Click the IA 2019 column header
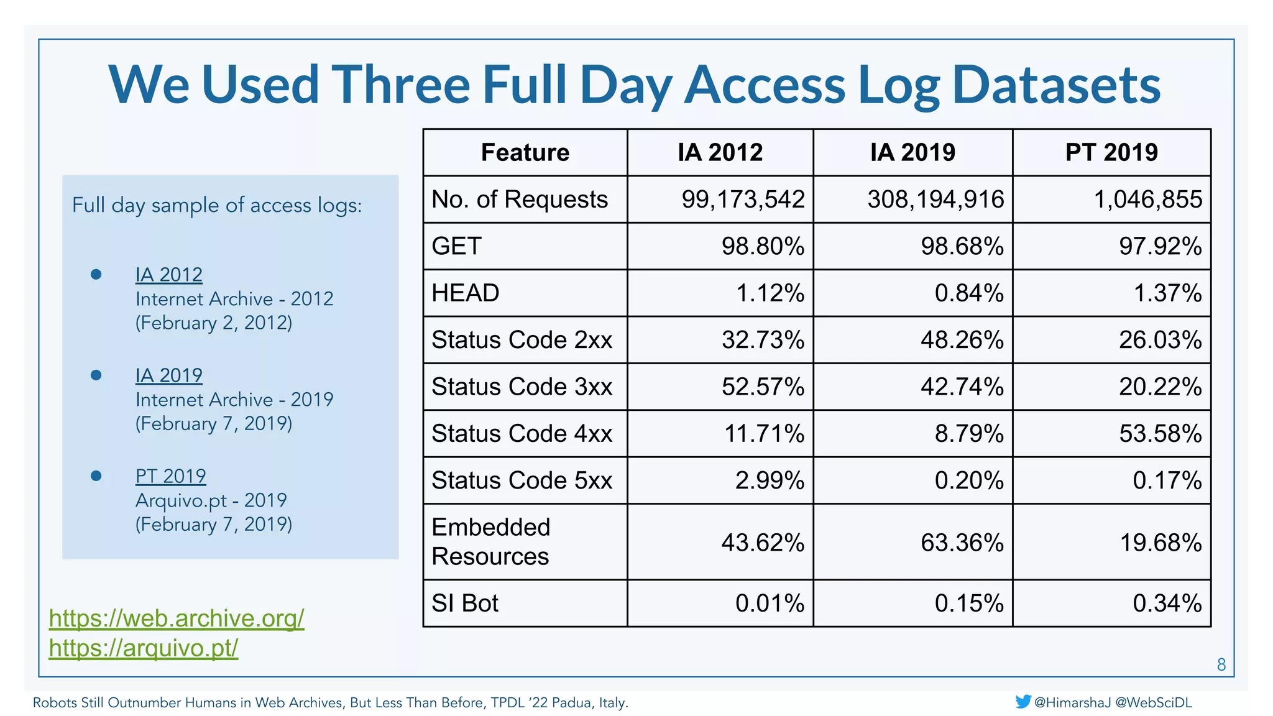pyautogui.click(x=912, y=152)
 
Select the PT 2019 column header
pyautogui.click(x=1111, y=152)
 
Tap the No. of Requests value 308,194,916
pyautogui.click(x=935, y=200)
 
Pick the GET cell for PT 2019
pyautogui.click(x=1160, y=246)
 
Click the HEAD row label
pyautogui.click(x=466, y=293)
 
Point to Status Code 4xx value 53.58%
pyautogui.click(x=1160, y=434)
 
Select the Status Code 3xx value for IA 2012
pyautogui.click(x=763, y=387)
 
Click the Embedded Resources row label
pyautogui.click(x=491, y=541)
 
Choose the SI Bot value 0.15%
pyautogui.click(x=968, y=604)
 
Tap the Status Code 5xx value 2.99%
pyautogui.click(x=770, y=480)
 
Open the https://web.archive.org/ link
pyautogui.click(x=177, y=618)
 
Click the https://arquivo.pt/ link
pyautogui.click(x=144, y=648)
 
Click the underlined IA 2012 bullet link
pyautogui.click(x=169, y=275)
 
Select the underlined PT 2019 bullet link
pyautogui.click(x=171, y=476)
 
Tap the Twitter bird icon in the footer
pyautogui.click(x=1023, y=702)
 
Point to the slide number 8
pyautogui.click(x=1221, y=664)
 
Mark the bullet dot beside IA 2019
pyautogui.click(x=96, y=375)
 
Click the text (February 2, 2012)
pyautogui.click(x=214, y=323)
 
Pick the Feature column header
pyautogui.click(x=525, y=152)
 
